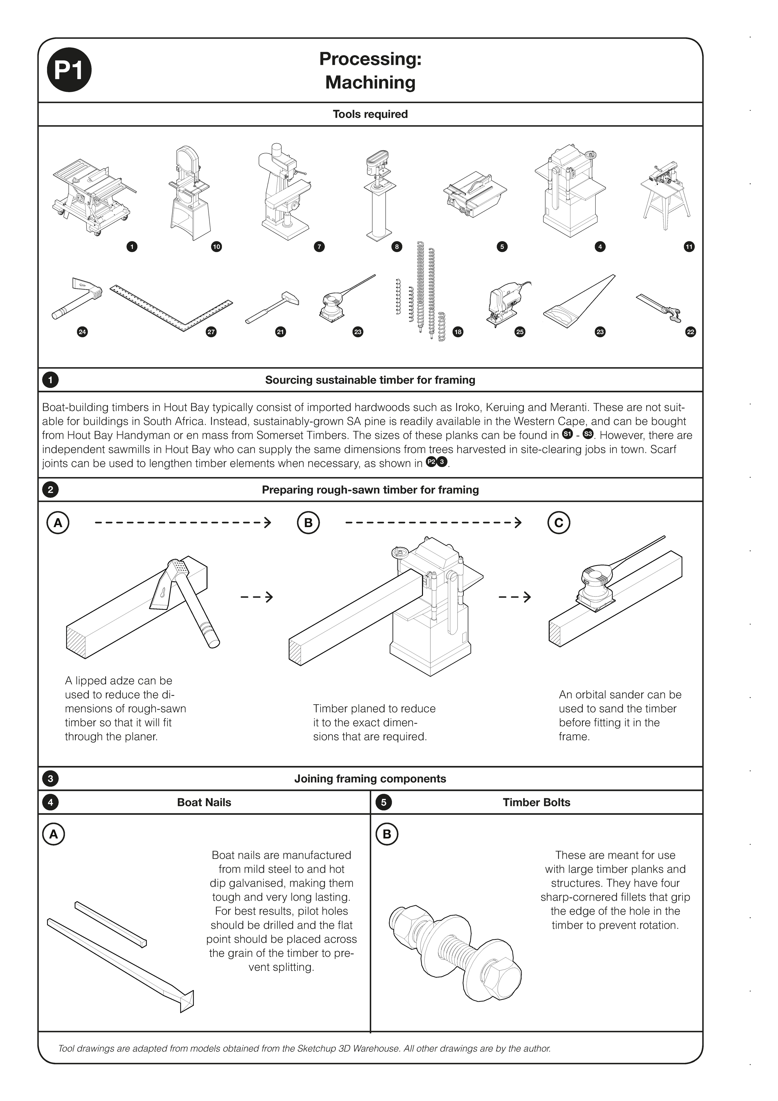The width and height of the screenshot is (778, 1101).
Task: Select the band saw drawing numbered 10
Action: [x=190, y=194]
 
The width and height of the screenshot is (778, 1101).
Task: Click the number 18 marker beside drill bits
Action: [x=458, y=332]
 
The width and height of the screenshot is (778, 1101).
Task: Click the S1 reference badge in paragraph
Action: [x=567, y=434]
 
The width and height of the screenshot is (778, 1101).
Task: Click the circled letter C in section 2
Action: [x=559, y=523]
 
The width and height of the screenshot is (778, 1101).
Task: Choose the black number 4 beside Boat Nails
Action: [x=50, y=803]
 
